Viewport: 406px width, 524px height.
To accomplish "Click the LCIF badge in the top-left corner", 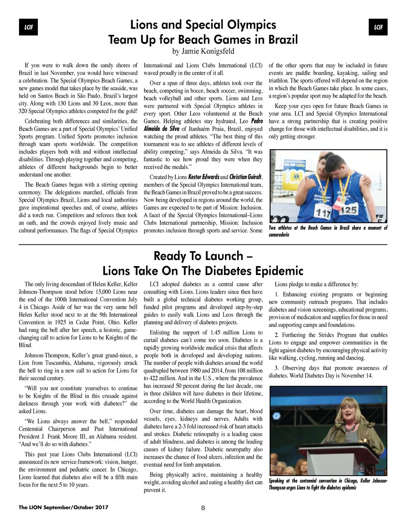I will click(x=28, y=27).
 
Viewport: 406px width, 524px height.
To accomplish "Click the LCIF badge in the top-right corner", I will click(x=378, y=27).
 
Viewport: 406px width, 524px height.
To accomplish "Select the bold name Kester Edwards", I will click(x=204, y=177).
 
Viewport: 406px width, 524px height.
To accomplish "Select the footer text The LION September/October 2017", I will click(x=64, y=507).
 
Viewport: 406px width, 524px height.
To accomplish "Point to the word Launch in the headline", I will click(x=224, y=256).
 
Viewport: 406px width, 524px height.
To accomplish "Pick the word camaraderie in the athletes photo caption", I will click(x=279, y=235).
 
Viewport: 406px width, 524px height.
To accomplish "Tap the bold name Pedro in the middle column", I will click(x=257, y=121).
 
